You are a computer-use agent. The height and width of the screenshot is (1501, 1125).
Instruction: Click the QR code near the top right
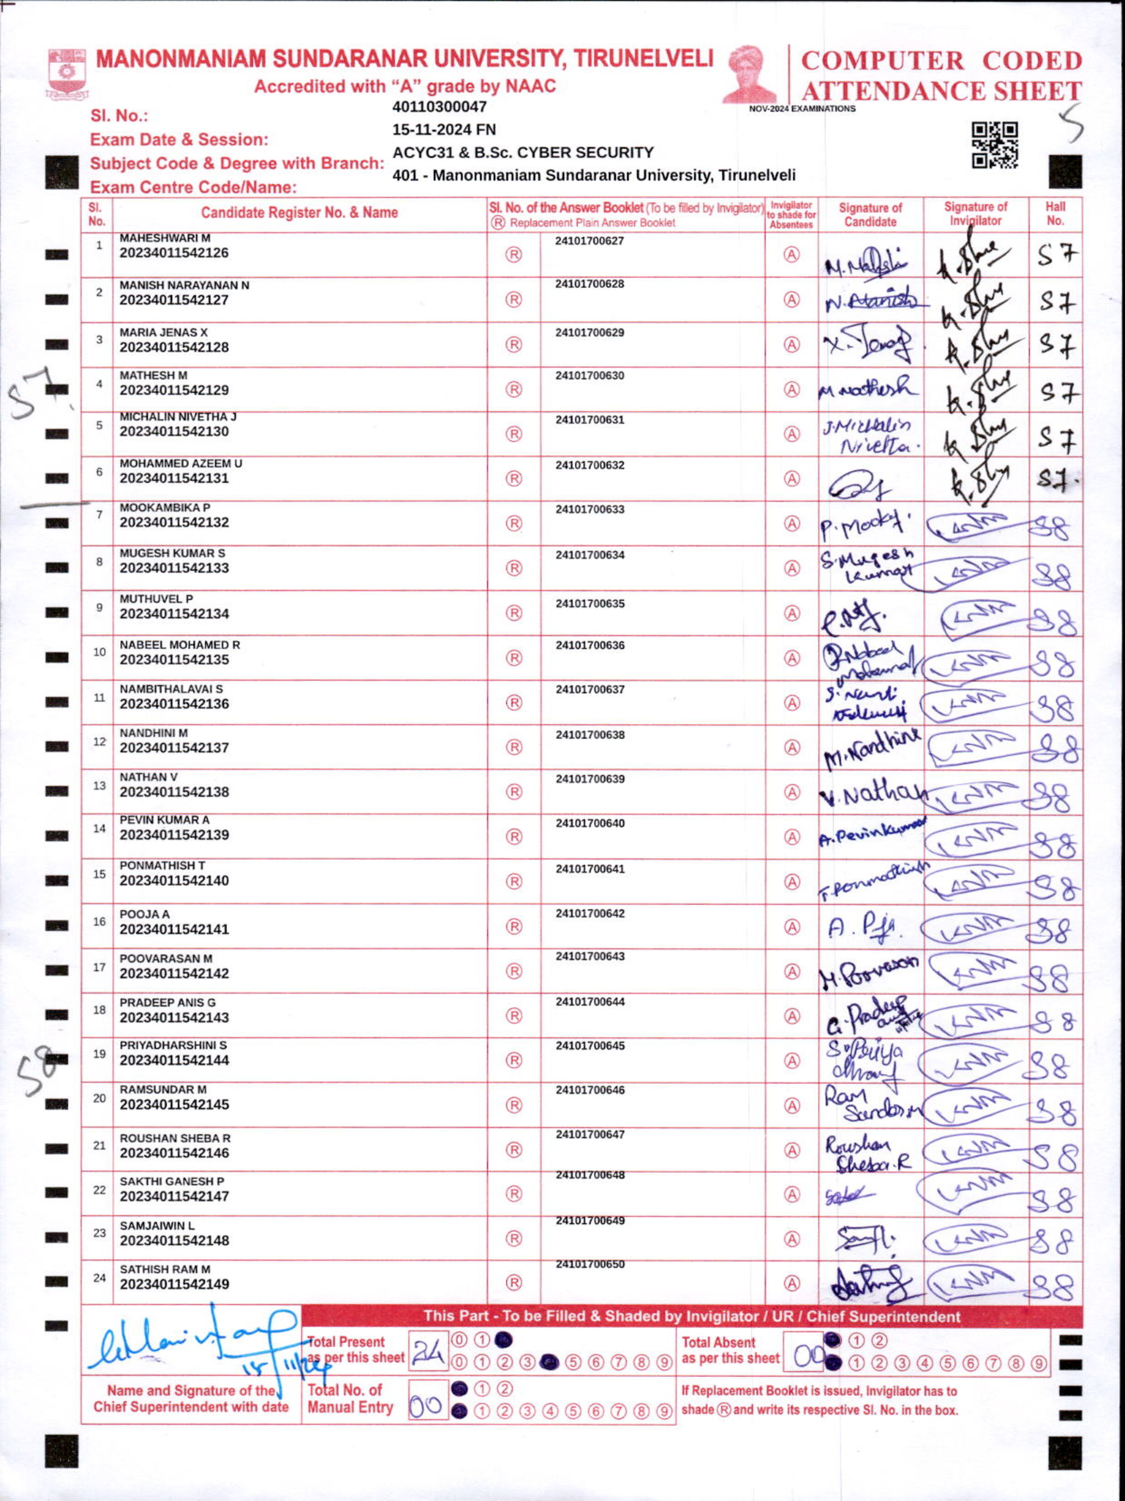(995, 145)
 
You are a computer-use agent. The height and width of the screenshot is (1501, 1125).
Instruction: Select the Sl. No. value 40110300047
(439, 107)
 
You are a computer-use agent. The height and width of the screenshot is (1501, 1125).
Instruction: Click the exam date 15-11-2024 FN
(444, 129)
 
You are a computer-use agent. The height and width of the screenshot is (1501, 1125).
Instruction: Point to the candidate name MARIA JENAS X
(164, 333)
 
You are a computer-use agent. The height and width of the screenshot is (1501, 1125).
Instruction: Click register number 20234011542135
(174, 660)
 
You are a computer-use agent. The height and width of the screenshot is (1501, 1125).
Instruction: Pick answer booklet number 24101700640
(589, 823)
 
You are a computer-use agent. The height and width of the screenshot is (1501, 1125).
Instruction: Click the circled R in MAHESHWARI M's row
(514, 254)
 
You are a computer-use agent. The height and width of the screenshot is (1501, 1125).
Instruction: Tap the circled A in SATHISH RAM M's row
(791, 1282)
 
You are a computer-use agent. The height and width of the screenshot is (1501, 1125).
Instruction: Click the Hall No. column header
(1055, 214)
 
